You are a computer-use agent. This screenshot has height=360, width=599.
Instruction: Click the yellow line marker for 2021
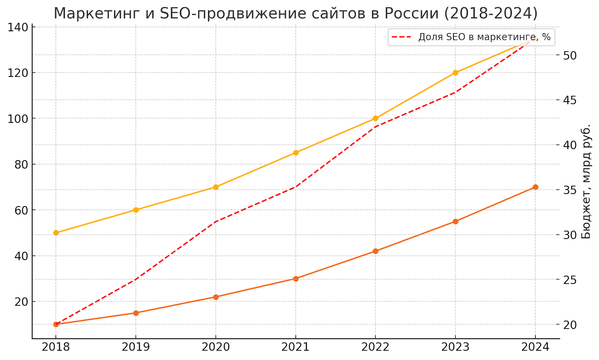296,152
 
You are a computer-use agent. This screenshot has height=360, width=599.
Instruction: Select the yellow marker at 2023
455,73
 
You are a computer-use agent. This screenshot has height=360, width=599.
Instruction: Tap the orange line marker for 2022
375,251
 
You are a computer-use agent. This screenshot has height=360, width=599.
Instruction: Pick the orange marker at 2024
535,187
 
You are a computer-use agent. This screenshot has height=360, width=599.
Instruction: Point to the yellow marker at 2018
56,233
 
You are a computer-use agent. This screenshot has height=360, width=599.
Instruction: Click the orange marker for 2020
216,297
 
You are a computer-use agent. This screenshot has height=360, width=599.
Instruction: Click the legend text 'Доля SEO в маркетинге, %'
484,37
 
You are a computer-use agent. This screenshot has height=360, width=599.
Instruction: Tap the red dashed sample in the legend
402,37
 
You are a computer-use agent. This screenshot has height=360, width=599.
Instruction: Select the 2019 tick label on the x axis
136,347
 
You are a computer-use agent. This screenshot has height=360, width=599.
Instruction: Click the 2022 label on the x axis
375,347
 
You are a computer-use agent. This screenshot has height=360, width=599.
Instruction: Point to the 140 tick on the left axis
18,27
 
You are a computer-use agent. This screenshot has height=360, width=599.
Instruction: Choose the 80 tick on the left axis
21,164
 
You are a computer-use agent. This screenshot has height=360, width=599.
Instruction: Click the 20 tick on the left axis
21,302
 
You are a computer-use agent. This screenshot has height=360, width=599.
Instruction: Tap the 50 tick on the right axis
570,55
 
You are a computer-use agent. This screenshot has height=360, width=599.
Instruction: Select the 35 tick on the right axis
570,190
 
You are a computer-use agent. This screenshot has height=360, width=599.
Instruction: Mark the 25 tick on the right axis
570,280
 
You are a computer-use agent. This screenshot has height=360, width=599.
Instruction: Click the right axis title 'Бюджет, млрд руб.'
586,181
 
